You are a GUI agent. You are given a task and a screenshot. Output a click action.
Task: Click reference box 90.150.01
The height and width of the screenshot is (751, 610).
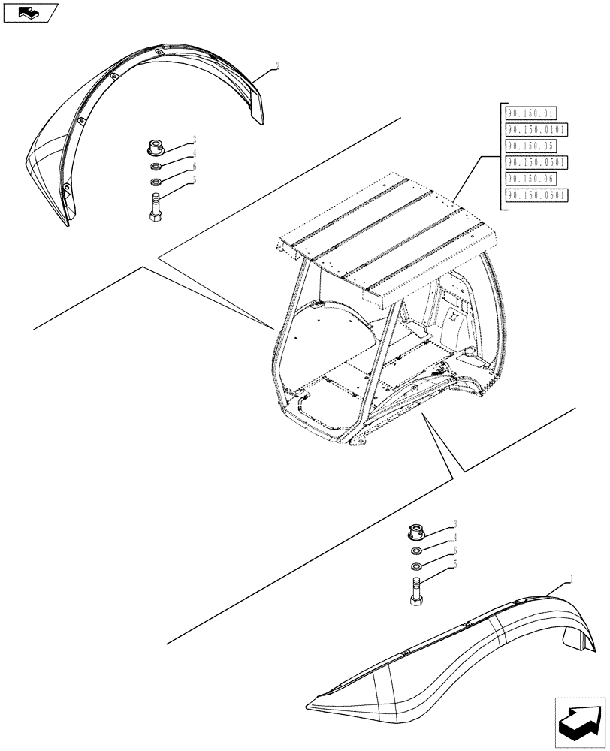(530, 113)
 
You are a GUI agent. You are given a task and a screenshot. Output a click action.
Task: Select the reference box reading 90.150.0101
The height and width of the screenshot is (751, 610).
(536, 130)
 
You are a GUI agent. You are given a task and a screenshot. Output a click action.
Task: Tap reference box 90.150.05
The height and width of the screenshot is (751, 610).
(530, 146)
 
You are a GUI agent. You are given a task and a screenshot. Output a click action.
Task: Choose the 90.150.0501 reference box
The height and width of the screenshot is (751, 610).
(536, 163)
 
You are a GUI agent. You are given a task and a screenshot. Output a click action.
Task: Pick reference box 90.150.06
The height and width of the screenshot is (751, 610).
(530, 179)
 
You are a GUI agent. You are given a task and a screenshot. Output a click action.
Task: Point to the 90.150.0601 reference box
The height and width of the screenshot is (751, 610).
(536, 196)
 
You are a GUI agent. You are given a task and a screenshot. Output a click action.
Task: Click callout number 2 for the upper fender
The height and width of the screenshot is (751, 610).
(277, 66)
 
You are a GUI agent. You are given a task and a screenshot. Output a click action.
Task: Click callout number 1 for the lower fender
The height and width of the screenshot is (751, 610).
(572, 578)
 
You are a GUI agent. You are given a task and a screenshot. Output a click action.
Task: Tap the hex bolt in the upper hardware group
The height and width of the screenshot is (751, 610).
(155, 207)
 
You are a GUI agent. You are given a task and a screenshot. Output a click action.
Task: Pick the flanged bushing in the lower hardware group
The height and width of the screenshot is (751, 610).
(415, 532)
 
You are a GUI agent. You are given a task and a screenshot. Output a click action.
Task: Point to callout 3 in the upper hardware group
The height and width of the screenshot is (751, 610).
(194, 139)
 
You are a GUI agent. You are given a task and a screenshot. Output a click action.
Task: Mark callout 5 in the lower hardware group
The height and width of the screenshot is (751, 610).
(454, 564)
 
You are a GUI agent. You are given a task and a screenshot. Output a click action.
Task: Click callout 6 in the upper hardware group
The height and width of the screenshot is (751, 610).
(194, 167)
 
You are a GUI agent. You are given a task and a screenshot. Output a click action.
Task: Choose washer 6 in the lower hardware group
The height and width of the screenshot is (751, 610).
(415, 565)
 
